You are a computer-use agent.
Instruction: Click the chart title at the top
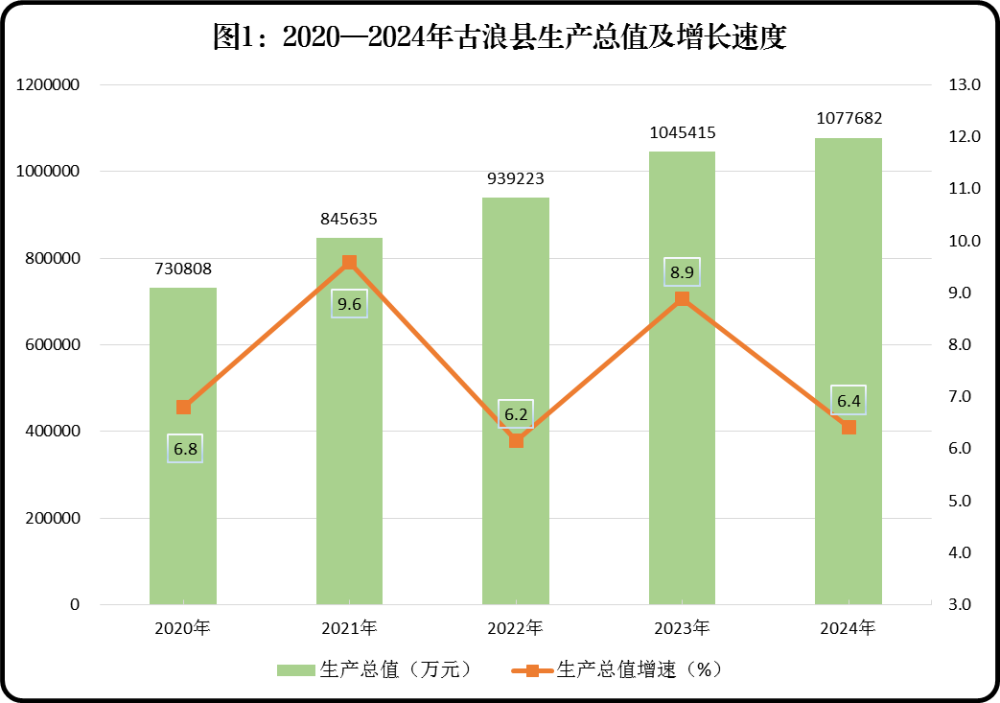(x=500, y=37)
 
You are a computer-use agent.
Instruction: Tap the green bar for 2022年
(x=516, y=518)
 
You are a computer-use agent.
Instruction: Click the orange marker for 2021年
(x=350, y=262)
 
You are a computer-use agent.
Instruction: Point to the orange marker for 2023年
(x=682, y=298)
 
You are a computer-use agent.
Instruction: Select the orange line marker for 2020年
(x=183, y=408)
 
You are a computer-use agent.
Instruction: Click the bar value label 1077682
(x=849, y=119)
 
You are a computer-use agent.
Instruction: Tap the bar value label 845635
(x=350, y=219)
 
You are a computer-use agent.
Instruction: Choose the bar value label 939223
(x=516, y=178)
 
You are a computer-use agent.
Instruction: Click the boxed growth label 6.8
(x=185, y=448)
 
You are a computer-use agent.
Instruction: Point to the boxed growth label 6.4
(x=849, y=400)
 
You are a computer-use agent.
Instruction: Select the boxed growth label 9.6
(x=349, y=304)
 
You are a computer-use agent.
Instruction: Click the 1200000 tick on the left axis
(x=47, y=85)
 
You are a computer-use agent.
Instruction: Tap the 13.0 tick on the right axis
(x=964, y=85)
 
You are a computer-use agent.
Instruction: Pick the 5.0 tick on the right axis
(x=964, y=501)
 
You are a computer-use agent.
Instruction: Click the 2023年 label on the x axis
(x=682, y=629)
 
